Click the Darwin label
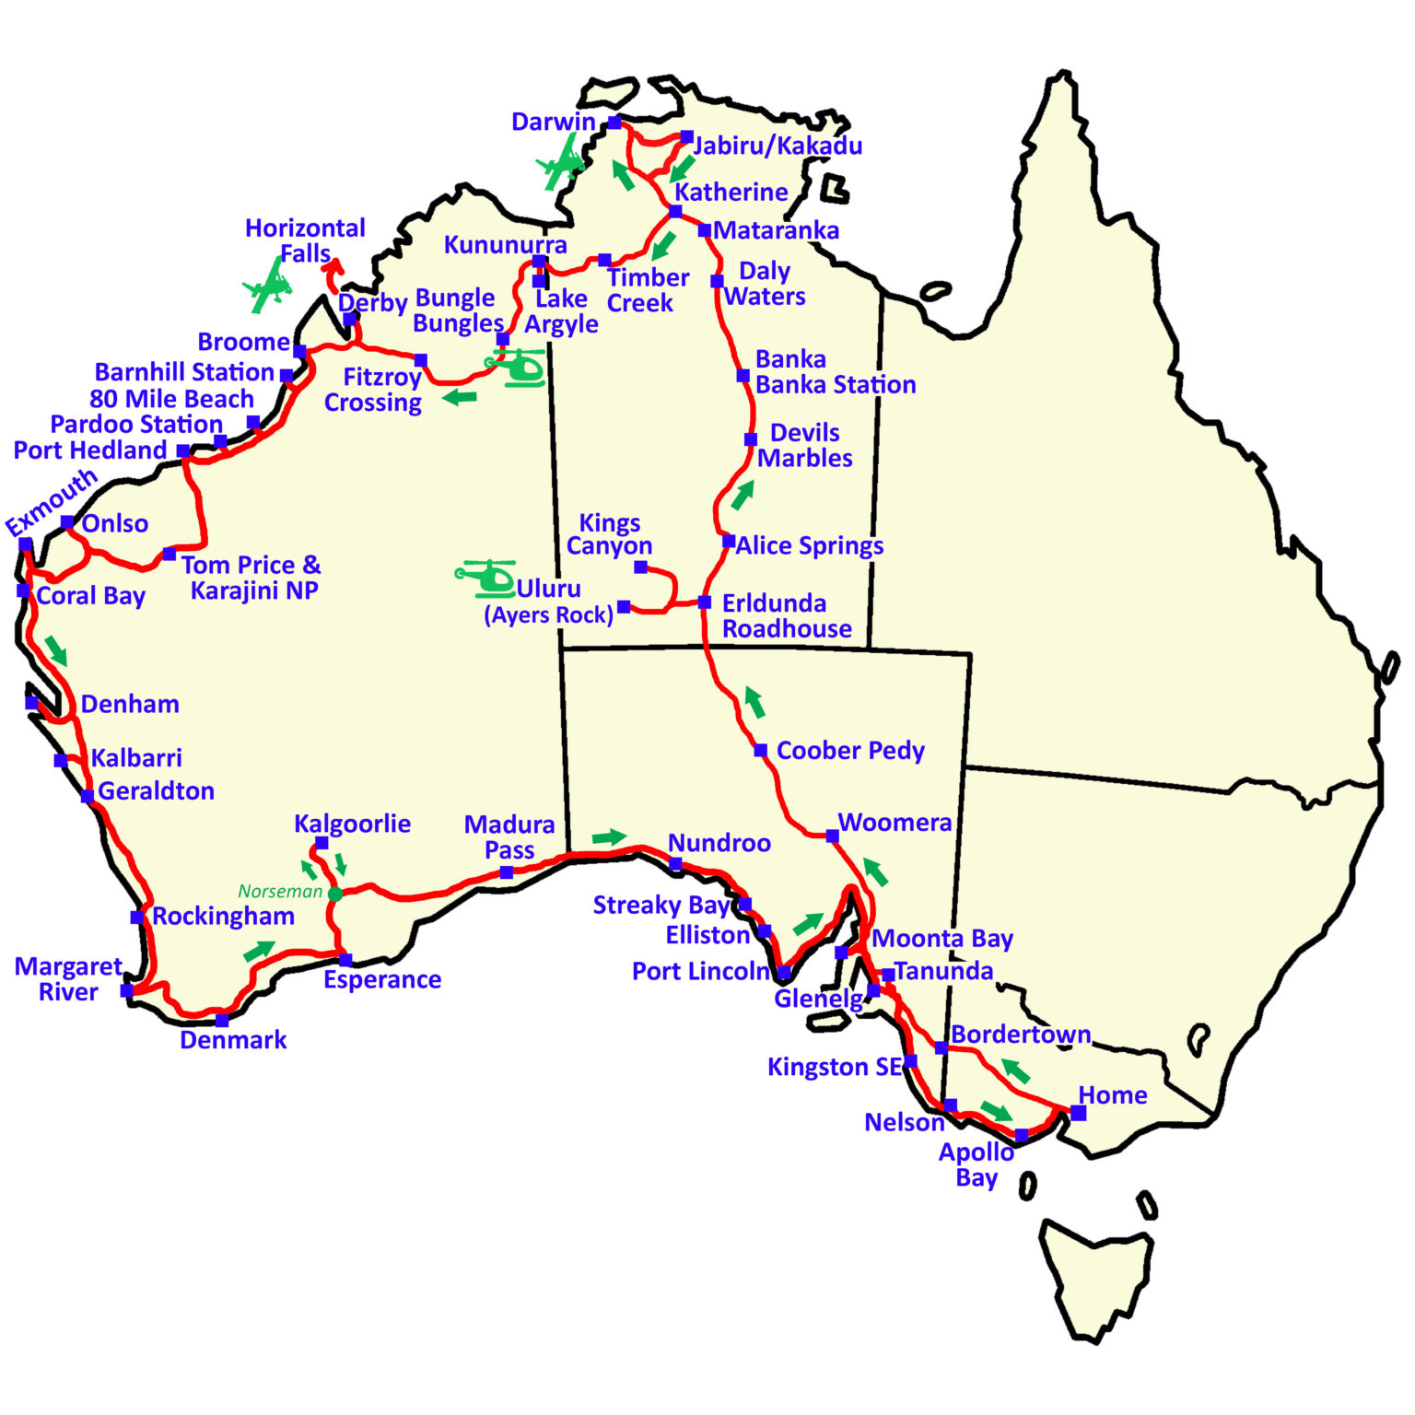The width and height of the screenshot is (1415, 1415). pos(553,122)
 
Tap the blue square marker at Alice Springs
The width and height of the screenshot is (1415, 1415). pos(728,541)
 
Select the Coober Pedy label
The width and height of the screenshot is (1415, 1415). pos(849,751)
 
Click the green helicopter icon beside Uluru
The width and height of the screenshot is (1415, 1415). pos(485,578)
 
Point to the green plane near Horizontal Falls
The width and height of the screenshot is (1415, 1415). pos(268,286)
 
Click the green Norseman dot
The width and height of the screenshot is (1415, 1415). pos(334,894)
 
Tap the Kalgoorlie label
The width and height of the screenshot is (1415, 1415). pos(352,824)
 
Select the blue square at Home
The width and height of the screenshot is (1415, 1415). pos(1078,1113)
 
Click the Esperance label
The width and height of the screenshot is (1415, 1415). pos(381,979)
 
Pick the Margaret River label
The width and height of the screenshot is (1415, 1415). pos(68,978)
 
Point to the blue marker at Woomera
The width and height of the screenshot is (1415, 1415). pos(832,836)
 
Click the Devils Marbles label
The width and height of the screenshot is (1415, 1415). pos(804,445)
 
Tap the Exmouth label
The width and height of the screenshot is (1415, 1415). pos(52,502)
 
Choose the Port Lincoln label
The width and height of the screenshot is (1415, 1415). pos(700,971)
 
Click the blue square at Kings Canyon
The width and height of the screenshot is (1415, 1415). pos(640,567)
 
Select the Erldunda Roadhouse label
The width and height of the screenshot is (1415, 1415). pos(786,615)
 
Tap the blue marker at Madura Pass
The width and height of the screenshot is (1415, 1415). pos(507,872)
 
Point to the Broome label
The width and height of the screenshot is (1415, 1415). pos(243,342)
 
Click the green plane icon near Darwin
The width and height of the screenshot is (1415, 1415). pos(561,164)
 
